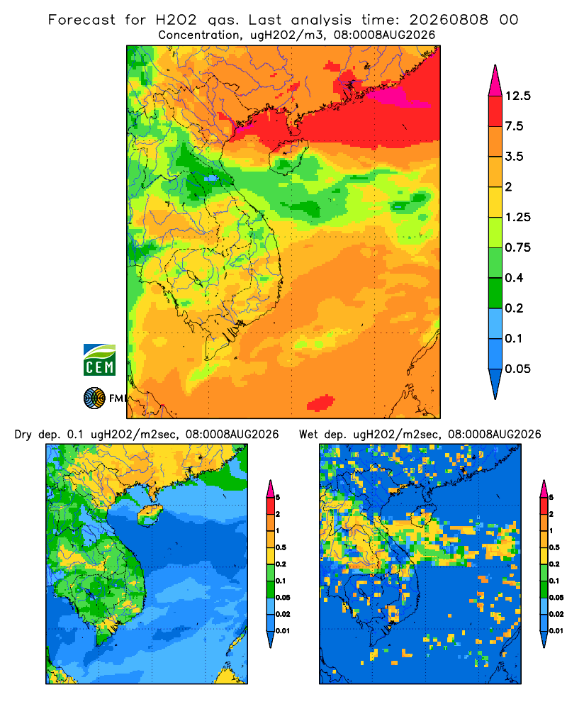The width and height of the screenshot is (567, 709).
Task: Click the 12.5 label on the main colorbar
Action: coord(517,96)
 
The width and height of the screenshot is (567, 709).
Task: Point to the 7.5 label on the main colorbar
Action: coord(514,126)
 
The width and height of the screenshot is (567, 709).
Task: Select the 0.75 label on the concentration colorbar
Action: coord(517,247)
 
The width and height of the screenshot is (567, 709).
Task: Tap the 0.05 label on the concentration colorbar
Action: coord(517,369)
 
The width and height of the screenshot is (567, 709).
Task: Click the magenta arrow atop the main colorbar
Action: coord(495,82)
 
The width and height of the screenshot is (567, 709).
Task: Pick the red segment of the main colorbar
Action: coord(495,111)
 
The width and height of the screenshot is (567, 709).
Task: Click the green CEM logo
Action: coord(99,360)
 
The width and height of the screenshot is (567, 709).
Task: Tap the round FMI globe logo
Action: coord(94,398)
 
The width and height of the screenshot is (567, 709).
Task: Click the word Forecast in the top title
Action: coord(82,20)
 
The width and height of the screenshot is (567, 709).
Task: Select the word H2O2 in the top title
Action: coord(176,20)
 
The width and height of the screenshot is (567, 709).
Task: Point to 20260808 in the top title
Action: coord(449,20)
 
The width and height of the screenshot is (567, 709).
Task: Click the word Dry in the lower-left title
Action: coord(23,435)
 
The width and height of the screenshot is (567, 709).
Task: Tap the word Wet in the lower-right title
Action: coord(308,435)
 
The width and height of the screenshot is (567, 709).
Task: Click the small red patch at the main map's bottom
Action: coord(321,403)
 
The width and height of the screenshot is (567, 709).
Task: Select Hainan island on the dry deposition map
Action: coord(150,515)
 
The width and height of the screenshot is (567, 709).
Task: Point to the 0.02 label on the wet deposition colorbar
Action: coord(556,614)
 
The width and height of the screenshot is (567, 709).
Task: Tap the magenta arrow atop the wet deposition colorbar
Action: coord(544,489)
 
